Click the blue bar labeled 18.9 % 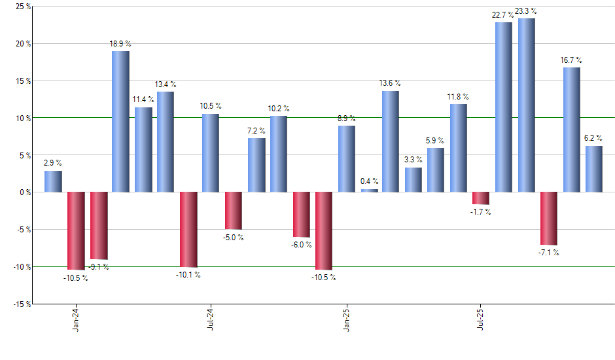coord(120,122)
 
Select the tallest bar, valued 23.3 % coord(527,105)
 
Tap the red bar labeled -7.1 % coord(549,218)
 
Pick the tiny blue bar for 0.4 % coord(369,190)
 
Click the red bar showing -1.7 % coord(481,198)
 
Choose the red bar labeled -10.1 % coord(188,230)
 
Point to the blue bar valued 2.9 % coord(53,181)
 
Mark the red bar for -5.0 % coord(234,211)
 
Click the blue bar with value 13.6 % coord(391,141)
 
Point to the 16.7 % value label coord(571,60)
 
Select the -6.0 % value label coord(301,244)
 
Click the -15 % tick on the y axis coord(19,304)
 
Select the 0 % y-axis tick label coord(22,192)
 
